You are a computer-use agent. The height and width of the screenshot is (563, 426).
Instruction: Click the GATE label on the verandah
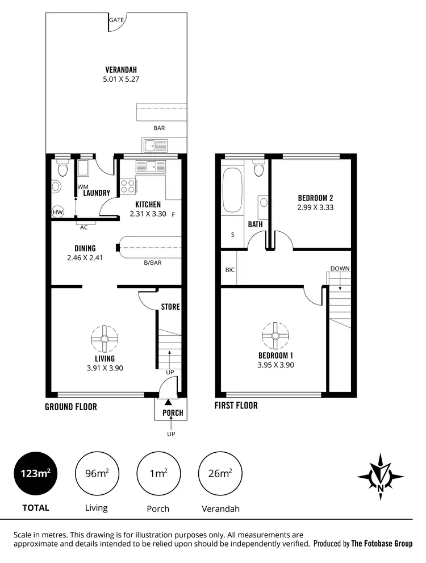(117, 20)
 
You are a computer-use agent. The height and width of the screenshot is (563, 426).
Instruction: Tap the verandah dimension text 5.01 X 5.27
(121, 80)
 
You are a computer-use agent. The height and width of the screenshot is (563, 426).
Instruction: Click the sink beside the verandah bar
(152, 146)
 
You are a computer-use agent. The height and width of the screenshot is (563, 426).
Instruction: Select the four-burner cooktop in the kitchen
(127, 186)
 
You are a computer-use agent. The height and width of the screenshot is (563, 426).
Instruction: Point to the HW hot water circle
(57, 212)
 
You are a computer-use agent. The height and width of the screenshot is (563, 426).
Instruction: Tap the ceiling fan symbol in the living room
(105, 339)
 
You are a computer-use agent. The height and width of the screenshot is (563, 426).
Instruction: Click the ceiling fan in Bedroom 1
(275, 336)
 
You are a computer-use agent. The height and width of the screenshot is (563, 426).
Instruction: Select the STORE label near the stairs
(170, 307)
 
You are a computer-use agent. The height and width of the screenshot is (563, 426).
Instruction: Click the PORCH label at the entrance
(173, 413)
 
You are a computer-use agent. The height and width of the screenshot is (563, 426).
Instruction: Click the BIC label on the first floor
(229, 270)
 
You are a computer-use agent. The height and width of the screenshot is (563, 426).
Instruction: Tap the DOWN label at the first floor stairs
(340, 268)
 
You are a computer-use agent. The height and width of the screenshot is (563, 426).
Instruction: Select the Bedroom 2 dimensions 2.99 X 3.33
(315, 208)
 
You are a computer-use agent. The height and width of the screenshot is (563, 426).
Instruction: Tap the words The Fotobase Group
(382, 544)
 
